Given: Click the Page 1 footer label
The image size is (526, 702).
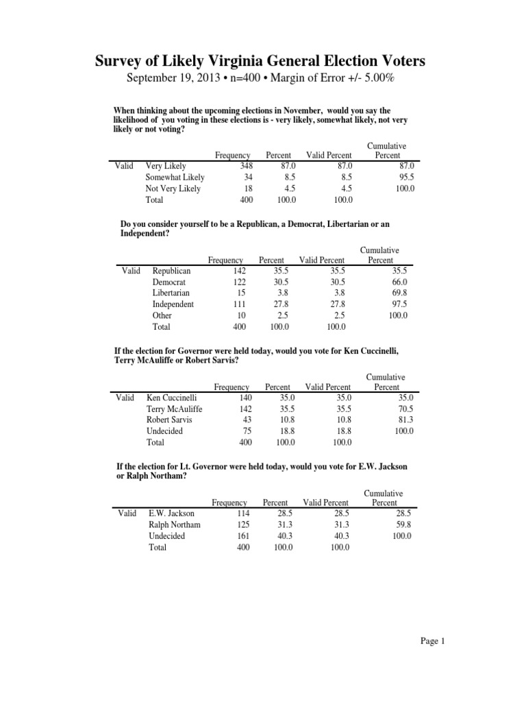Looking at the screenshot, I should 434,642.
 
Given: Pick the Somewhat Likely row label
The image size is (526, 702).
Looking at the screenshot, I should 175,178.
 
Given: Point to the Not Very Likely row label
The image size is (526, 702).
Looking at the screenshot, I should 173,189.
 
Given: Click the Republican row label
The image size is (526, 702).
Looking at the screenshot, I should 172,271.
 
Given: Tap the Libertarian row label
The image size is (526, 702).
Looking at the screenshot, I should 172,293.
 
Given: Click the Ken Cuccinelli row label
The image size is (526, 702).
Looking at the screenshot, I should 172,398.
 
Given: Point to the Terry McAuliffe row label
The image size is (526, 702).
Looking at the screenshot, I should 175,409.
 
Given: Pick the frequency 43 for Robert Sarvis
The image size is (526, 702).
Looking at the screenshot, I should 245,420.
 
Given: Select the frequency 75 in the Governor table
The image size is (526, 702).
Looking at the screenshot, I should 245,431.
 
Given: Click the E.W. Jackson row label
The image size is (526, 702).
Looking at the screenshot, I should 171,513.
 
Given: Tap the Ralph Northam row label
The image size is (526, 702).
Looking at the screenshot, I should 175,525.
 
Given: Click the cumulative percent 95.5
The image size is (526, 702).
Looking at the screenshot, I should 405,178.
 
